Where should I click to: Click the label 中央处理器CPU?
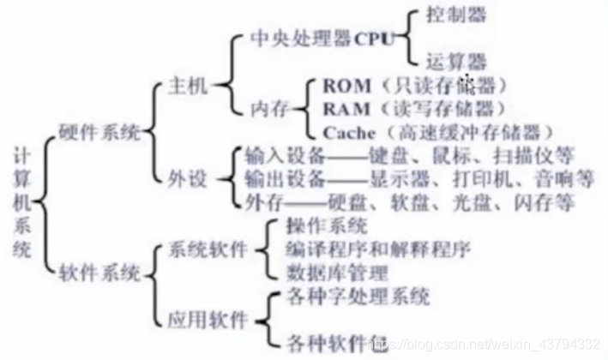pyautogui.click(x=317, y=39)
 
